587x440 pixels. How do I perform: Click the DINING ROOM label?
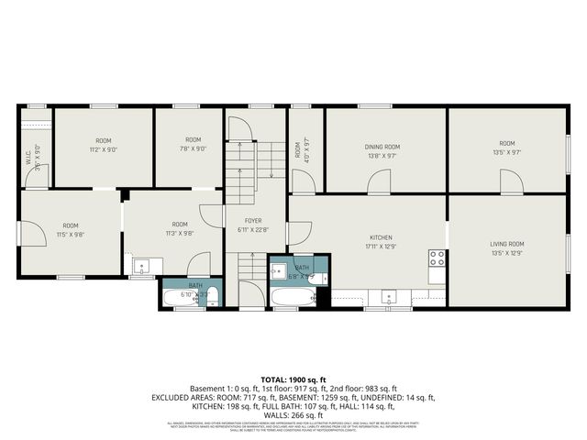[382, 147]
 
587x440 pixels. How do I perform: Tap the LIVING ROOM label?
[507, 243]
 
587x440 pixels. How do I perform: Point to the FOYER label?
[253, 221]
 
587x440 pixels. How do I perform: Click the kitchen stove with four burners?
[437, 258]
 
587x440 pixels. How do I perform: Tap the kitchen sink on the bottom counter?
[389, 295]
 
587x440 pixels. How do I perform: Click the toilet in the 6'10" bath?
[212, 295]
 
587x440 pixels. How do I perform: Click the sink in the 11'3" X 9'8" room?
[142, 267]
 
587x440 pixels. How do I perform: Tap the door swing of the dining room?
[378, 182]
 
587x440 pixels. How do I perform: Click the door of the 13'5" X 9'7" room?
[511, 182]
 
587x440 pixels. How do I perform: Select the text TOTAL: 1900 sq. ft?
[293, 379]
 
